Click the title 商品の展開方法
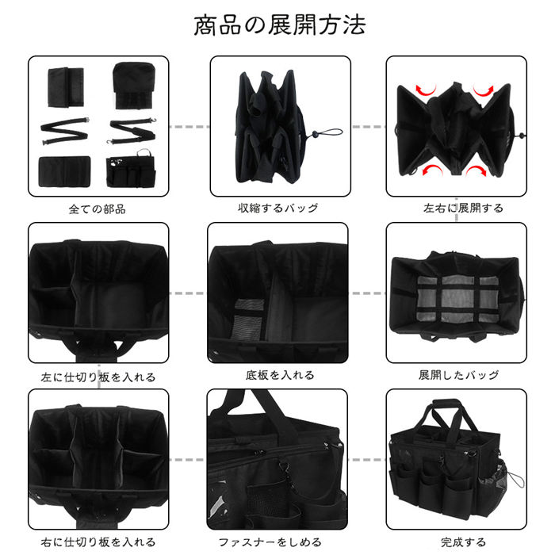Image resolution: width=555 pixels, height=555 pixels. [280, 25]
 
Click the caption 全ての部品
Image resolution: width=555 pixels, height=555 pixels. [98, 209]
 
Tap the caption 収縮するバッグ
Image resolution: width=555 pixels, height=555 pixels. [278, 208]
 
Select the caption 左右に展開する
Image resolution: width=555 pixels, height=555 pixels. [463, 208]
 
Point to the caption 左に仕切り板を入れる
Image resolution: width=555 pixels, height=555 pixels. [98, 377]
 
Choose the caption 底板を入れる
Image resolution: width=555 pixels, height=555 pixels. [280, 375]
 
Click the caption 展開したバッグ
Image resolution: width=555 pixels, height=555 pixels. [459, 375]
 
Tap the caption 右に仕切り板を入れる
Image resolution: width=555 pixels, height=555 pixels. [98, 542]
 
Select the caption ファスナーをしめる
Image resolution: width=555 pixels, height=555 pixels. [270, 542]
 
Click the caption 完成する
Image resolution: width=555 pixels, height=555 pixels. [463, 542]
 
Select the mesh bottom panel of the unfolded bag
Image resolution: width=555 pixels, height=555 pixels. [457, 298]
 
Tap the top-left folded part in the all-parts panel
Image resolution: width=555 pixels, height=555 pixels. [66, 87]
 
